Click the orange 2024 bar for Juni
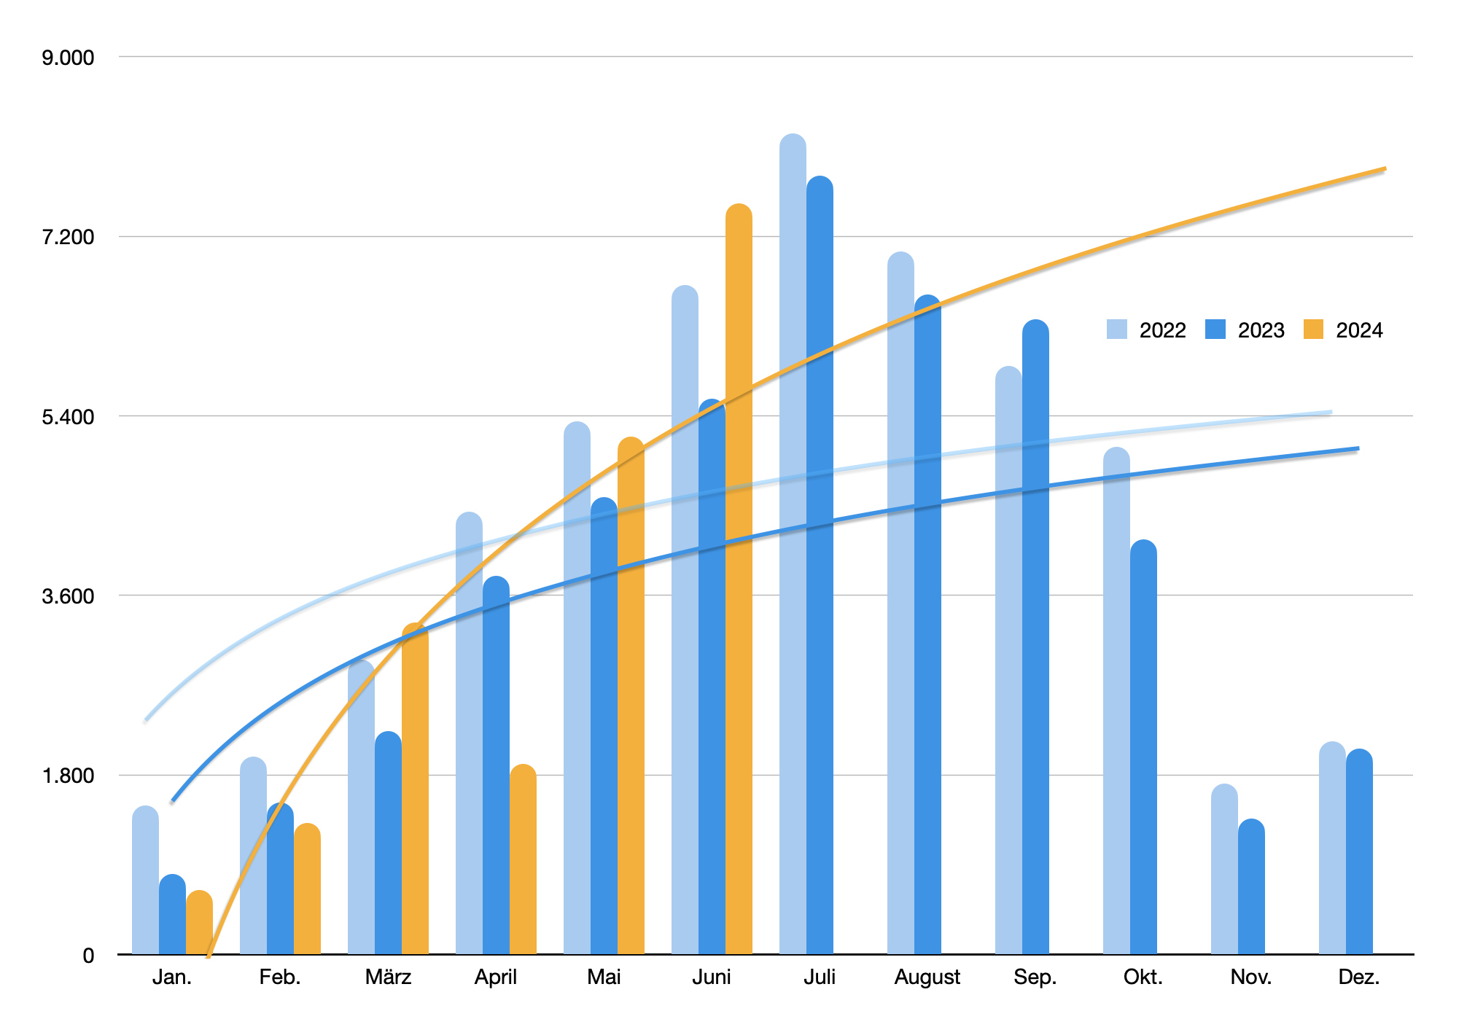pyautogui.click(x=739, y=583)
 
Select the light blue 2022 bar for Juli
pyautogui.click(x=793, y=547)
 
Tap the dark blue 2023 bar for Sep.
pyautogui.click(x=1035, y=641)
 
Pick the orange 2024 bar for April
pyautogui.click(x=523, y=860)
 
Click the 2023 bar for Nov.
pyautogui.click(x=1251, y=889)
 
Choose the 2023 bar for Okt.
pyautogui.click(x=1143, y=751)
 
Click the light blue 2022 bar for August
pyautogui.click(x=900, y=605)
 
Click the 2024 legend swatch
pyautogui.click(x=1313, y=329)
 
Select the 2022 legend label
pyautogui.click(x=1162, y=330)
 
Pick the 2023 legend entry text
pyautogui.click(x=1261, y=330)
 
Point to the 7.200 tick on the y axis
pyautogui.click(x=68, y=237)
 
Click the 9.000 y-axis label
pyautogui.click(x=68, y=58)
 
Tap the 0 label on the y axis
pyautogui.click(x=88, y=956)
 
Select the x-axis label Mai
pyautogui.click(x=604, y=977)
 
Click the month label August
pyautogui.click(x=927, y=977)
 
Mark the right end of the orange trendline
pyautogui.click(x=1385, y=169)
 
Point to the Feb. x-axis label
pyautogui.click(x=280, y=977)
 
